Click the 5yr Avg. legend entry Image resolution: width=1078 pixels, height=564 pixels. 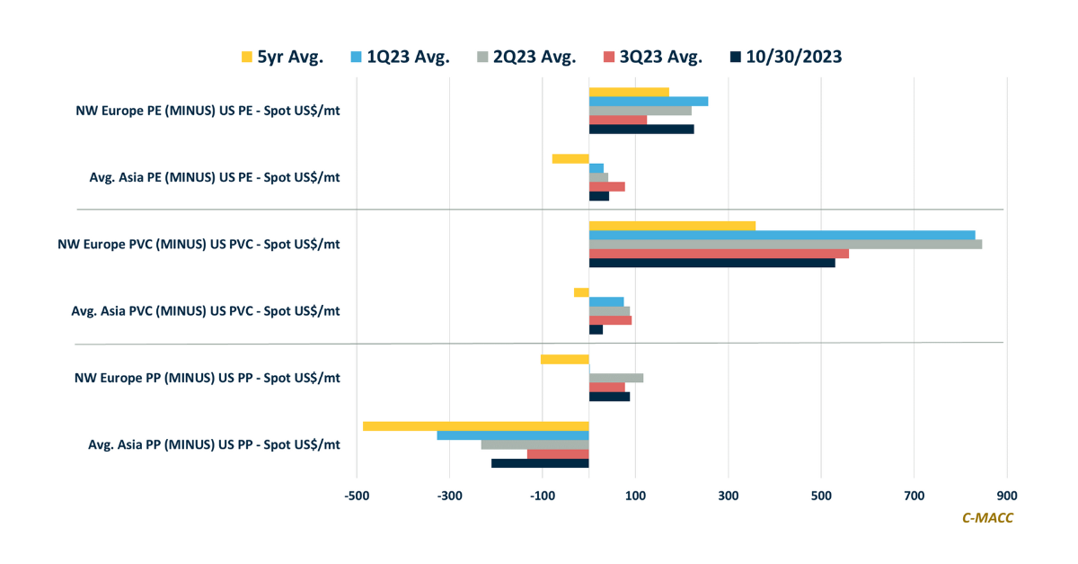287,58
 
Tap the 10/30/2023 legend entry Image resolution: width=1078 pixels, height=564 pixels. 786,58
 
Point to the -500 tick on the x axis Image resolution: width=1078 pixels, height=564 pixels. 358,496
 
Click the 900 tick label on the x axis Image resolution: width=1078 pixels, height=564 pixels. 1007,496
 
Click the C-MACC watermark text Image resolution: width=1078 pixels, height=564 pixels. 987,517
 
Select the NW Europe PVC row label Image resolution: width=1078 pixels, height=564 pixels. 199,244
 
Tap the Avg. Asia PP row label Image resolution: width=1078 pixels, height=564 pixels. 214,444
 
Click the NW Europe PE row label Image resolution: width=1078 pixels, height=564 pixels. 208,111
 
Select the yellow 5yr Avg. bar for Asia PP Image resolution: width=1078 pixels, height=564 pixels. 475,425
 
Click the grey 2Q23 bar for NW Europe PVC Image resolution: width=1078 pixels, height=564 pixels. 785,244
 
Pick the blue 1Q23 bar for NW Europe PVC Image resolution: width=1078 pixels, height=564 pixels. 782,235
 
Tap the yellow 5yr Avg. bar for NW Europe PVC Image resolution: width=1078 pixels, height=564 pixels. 672,225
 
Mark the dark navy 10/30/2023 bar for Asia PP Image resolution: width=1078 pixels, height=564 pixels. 540,463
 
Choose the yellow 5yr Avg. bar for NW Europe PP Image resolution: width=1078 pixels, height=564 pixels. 565,359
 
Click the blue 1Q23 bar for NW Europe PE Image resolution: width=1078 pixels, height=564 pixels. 649,101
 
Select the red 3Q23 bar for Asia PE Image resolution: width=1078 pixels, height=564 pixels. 607,186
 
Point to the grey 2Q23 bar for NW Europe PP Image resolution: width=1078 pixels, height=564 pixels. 616,378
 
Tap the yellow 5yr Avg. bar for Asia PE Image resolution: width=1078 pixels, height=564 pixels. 570,158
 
